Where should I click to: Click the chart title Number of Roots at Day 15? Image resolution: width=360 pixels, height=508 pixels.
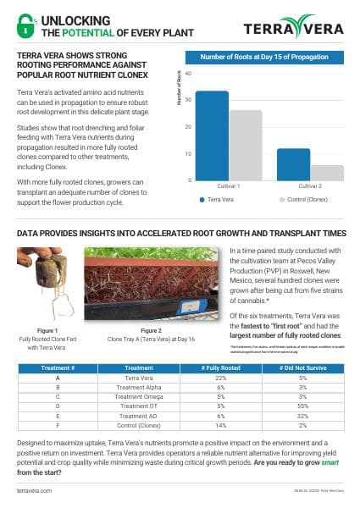(x=264, y=57)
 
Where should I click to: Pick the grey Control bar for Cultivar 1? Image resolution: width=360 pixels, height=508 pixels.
(x=246, y=146)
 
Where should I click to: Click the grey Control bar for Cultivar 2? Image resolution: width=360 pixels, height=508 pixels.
(x=327, y=172)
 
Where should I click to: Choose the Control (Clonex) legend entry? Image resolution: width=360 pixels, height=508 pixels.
(x=307, y=201)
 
